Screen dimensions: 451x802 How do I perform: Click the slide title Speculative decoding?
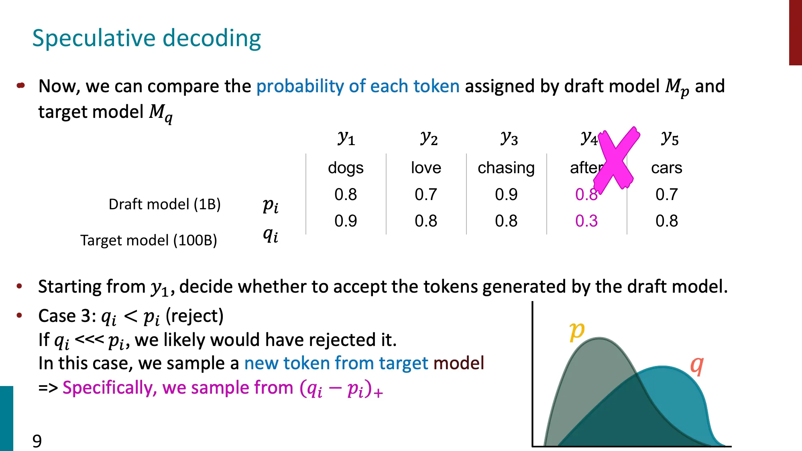(x=147, y=38)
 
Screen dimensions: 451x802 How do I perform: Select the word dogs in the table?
(x=346, y=168)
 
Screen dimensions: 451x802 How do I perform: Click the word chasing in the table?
(x=506, y=168)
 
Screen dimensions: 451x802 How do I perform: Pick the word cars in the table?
(x=666, y=168)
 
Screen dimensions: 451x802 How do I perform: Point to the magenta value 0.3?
(x=586, y=221)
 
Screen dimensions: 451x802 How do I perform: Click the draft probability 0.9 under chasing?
(x=506, y=194)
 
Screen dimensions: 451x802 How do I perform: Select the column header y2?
(x=429, y=138)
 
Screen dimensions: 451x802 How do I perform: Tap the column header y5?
(x=670, y=138)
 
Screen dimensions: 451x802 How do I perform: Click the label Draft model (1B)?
(x=165, y=204)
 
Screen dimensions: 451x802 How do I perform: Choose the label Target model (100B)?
(x=149, y=240)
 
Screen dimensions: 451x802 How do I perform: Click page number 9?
(x=37, y=441)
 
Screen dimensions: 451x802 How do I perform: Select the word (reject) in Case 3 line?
(x=194, y=316)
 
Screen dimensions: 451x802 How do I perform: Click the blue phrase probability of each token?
(x=358, y=86)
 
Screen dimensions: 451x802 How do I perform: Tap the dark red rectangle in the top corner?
(x=795, y=32)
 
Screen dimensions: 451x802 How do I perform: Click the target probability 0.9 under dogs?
(x=346, y=221)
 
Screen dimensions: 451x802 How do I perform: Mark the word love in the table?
(x=426, y=168)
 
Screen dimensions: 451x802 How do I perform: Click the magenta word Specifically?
(x=109, y=388)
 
